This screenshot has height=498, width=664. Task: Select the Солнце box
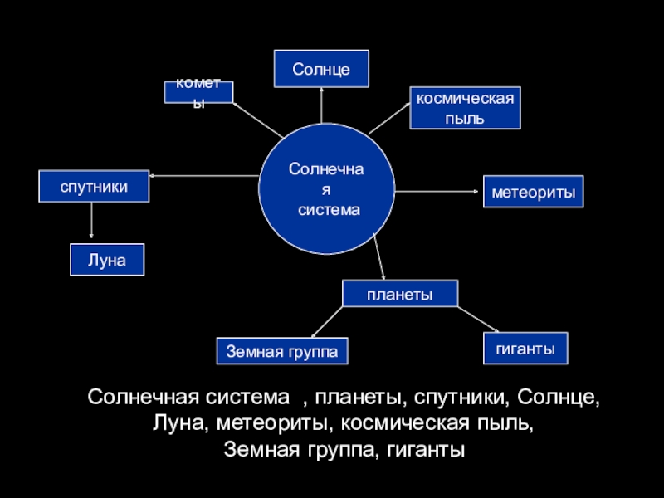pos(321,68)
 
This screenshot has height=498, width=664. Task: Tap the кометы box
pos(198,91)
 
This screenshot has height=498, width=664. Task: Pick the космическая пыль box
pos(465,108)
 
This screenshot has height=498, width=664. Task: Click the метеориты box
pos(534,191)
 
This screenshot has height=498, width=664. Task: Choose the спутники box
pos(94,187)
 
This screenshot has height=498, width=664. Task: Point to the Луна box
pos(107,260)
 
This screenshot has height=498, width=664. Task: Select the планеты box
pos(399,294)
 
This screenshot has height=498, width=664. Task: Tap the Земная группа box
pos(282,351)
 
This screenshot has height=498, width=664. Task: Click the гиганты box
pos(525,348)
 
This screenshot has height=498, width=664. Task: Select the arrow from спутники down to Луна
pos(91,222)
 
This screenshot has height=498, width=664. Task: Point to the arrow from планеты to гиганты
pos(477,319)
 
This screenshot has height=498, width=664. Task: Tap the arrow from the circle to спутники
pos(203,175)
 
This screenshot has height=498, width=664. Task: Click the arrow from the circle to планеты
pos(380,258)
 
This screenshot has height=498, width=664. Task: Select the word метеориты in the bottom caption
pos(270,423)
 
